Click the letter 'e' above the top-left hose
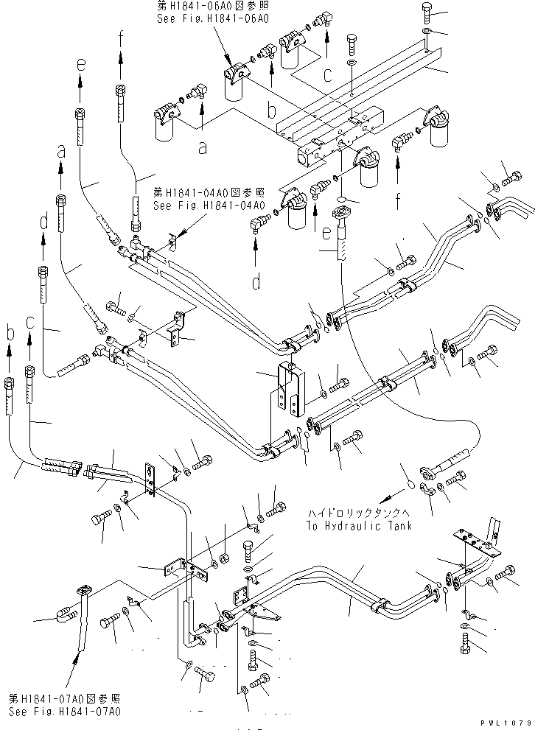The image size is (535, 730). pos(80,65)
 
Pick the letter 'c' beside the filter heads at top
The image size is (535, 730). pos(327,74)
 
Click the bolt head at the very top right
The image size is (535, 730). pos(430,10)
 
